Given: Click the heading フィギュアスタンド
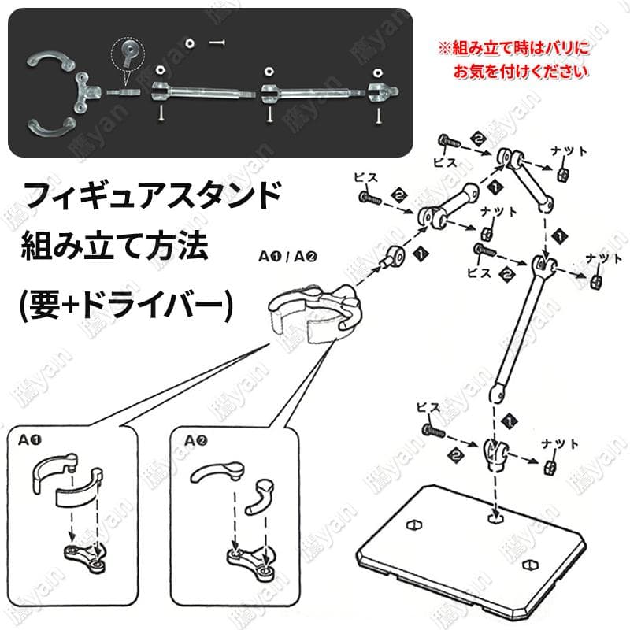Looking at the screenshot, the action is (x=151, y=195).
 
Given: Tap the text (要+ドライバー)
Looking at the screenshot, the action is (x=126, y=304).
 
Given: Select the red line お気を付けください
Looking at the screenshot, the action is (x=521, y=72).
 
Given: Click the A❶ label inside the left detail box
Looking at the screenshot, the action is (x=29, y=440).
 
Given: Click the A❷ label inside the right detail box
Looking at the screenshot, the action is (x=195, y=441).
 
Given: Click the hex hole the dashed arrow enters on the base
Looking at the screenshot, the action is (x=497, y=518).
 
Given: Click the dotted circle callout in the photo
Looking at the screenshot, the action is (x=128, y=54).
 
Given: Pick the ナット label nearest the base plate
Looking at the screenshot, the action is (x=560, y=444).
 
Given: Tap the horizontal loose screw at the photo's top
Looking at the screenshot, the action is (x=217, y=43).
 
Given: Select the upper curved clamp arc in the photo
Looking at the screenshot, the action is (x=50, y=61).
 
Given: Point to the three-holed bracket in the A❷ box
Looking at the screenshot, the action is (x=251, y=561).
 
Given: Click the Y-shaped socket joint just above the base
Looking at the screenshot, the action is (x=495, y=455).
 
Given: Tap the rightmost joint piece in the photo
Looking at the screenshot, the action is (x=383, y=92).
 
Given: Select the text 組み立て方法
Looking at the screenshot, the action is (x=114, y=246).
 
